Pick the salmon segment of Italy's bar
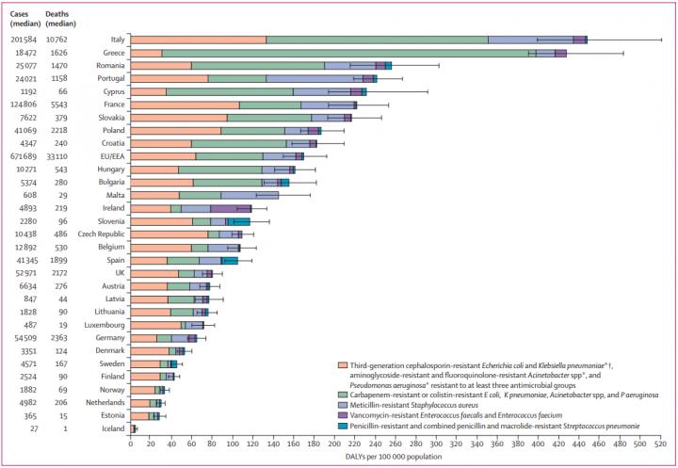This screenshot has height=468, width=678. tap(198, 40)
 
